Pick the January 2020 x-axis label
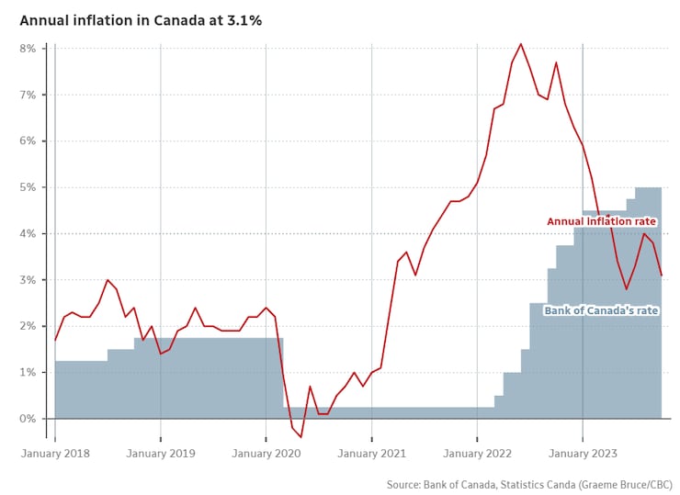(266, 454)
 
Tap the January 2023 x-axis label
(582, 454)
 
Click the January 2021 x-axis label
(371, 454)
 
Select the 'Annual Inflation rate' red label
(601, 221)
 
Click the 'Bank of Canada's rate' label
(601, 310)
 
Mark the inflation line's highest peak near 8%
(521, 43)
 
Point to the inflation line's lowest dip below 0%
(300, 437)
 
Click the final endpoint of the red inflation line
(662, 275)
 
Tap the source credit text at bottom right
(528, 484)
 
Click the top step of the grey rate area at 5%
(648, 188)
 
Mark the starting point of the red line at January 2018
(55, 340)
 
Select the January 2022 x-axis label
(476, 454)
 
